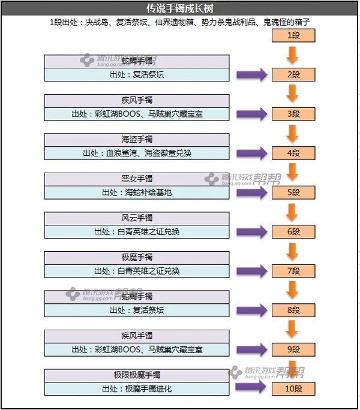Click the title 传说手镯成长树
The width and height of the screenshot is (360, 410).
point(179,9)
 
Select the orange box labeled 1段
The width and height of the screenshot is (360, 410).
point(293,35)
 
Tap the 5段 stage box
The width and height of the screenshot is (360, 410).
point(293,192)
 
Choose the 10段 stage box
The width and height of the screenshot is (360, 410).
point(293,388)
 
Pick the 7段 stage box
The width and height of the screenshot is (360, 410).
point(293,271)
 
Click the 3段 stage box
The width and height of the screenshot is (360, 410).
point(293,114)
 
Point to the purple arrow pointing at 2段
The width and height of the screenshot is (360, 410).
point(251,75)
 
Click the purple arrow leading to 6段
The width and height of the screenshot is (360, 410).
point(251,231)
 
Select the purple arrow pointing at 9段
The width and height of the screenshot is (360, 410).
point(251,349)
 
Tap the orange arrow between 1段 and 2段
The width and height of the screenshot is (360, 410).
point(293,55)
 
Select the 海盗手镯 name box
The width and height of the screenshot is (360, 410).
point(137,140)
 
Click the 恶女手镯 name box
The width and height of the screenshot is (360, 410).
point(137,179)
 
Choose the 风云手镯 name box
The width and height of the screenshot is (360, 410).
point(137,218)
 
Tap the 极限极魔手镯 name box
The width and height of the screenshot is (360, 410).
point(137,375)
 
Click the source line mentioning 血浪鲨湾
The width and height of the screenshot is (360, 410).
point(137,153)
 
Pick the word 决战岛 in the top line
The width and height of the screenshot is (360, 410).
point(98,23)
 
